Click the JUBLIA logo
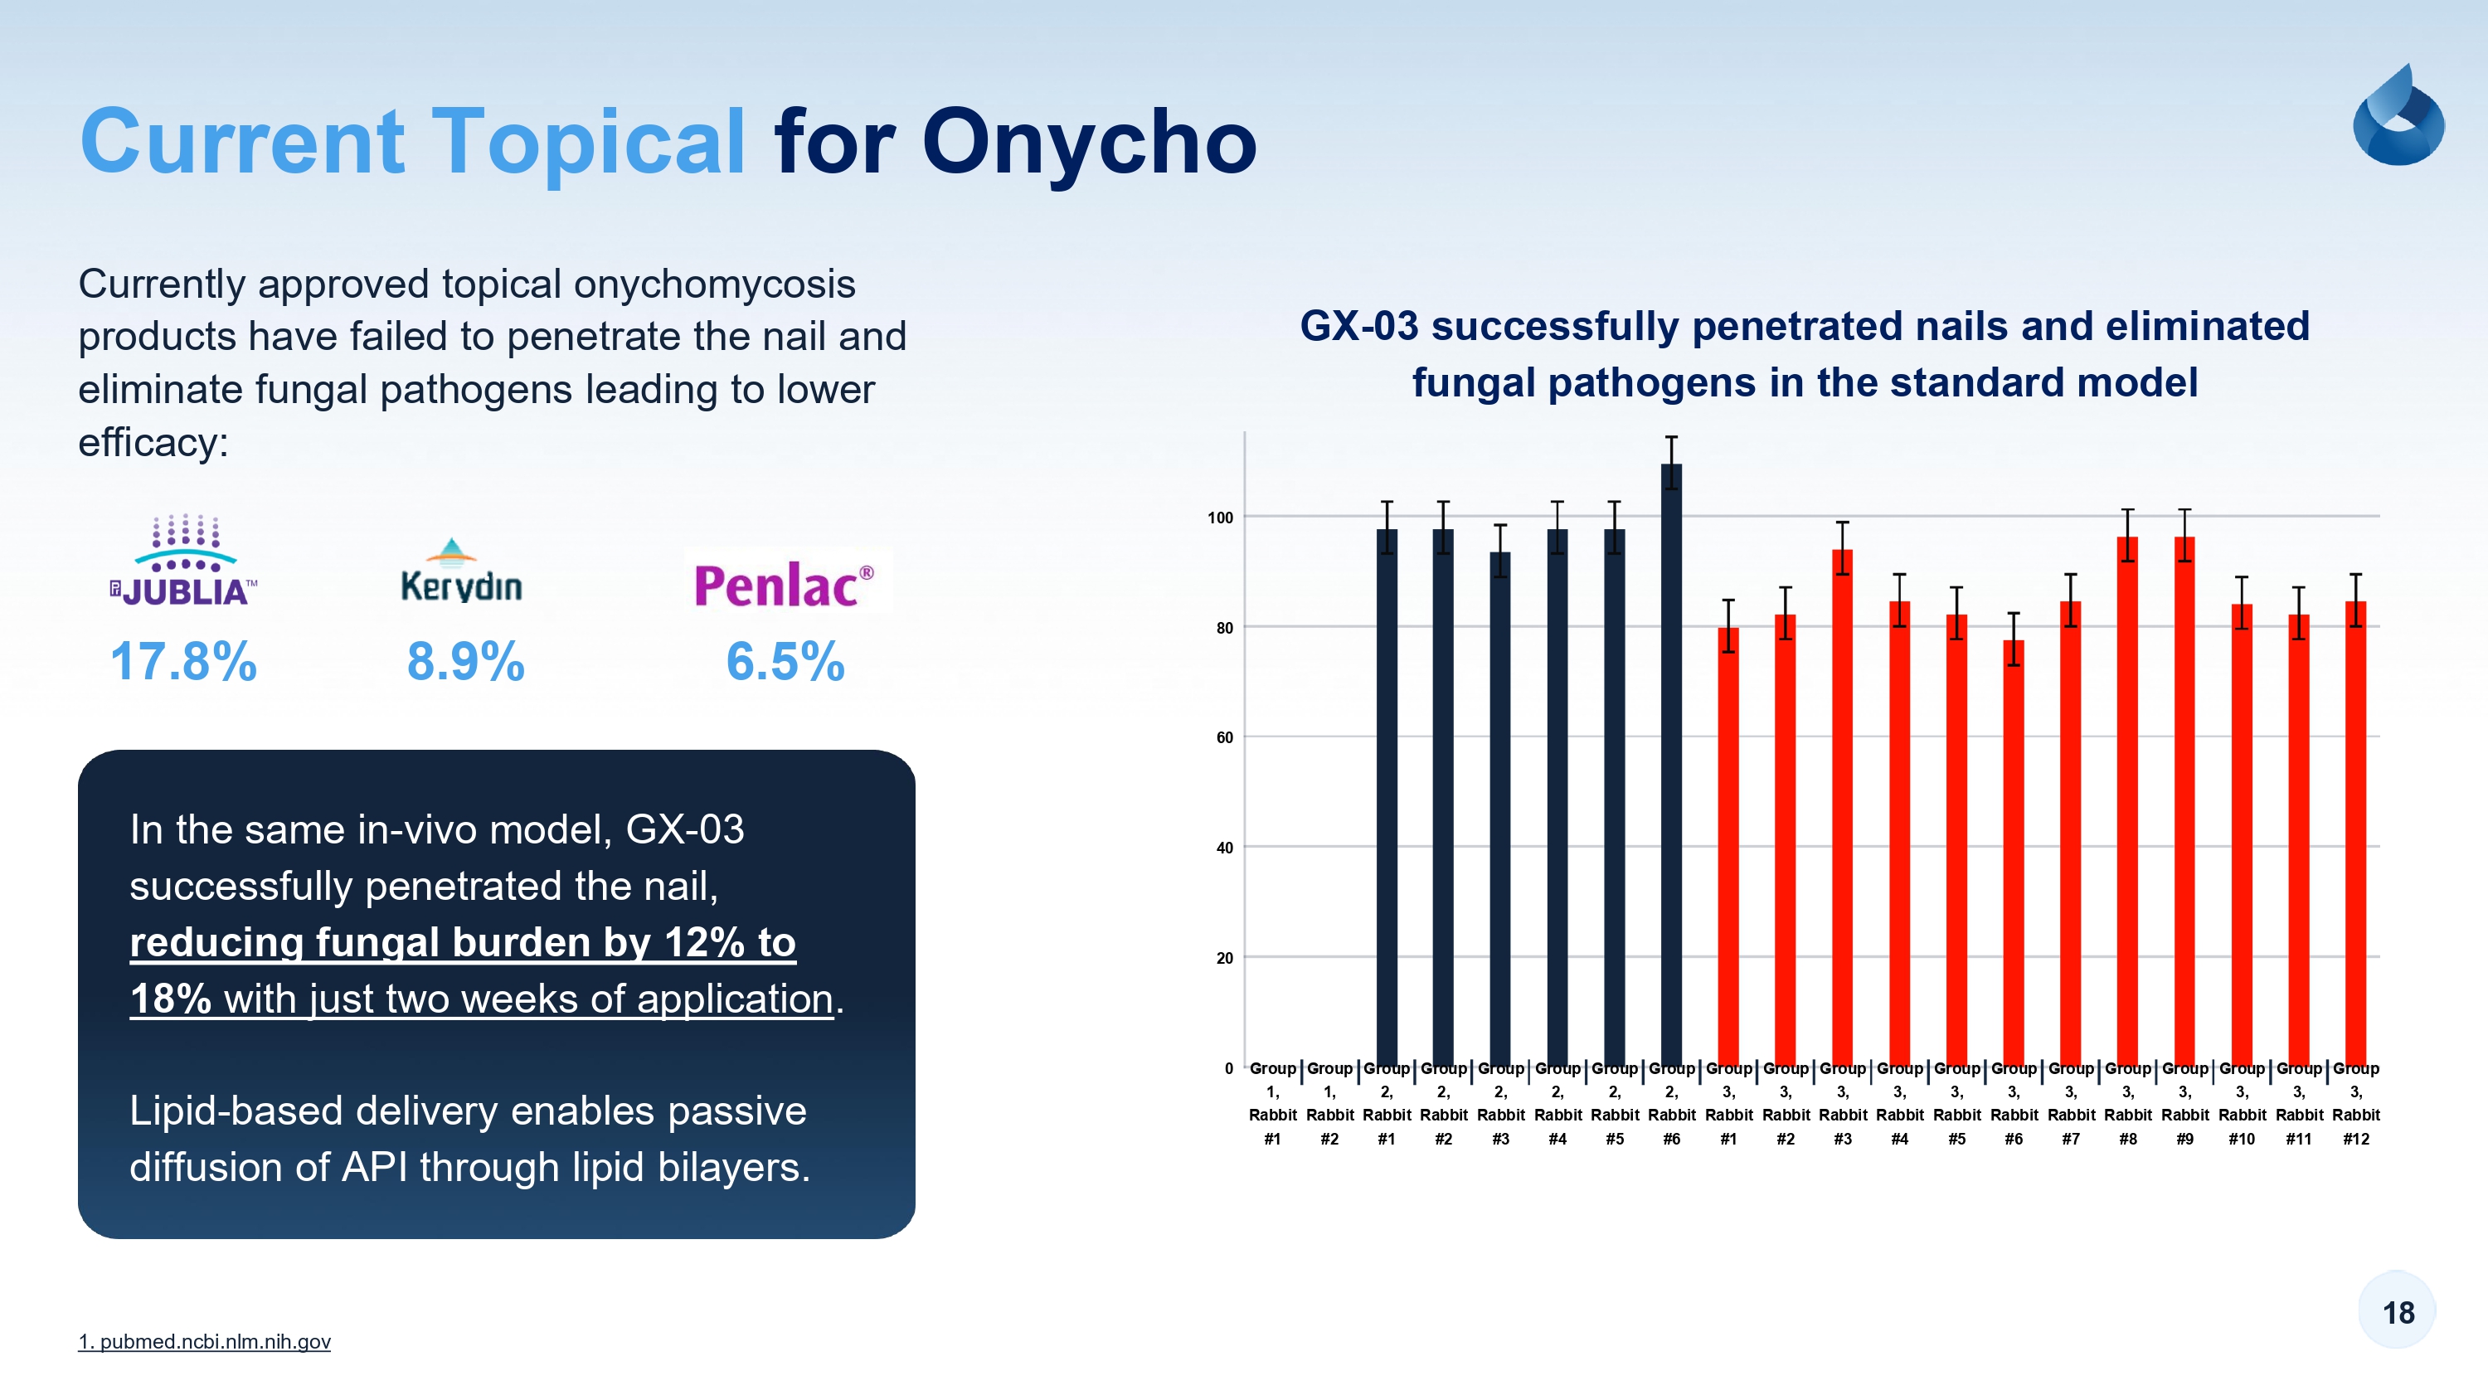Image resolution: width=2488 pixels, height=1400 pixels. [x=183, y=561]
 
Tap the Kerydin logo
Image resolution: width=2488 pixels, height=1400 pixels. [x=462, y=571]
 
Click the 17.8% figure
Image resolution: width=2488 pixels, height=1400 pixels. [x=183, y=662]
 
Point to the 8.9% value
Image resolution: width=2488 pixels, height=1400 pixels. [x=465, y=662]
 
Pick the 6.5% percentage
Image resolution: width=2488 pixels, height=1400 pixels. [x=785, y=662]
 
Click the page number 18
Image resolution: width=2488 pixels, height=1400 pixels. [x=2398, y=1312]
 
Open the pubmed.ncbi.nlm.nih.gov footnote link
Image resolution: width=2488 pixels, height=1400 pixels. [x=205, y=1341]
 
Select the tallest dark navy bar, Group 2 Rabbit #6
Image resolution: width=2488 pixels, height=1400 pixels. [x=1671, y=764]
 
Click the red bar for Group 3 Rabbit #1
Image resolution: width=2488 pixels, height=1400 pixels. [x=1728, y=846]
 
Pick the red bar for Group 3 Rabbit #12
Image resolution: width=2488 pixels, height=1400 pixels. [x=2355, y=833]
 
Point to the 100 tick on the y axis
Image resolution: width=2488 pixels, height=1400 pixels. [x=1220, y=518]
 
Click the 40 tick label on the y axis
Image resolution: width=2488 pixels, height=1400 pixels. [x=1224, y=848]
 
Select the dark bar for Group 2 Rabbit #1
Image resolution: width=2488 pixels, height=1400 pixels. [x=1386, y=797]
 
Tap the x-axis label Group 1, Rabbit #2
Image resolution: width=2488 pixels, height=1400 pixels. [x=1329, y=1103]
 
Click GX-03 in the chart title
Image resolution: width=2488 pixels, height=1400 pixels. [x=1359, y=326]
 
